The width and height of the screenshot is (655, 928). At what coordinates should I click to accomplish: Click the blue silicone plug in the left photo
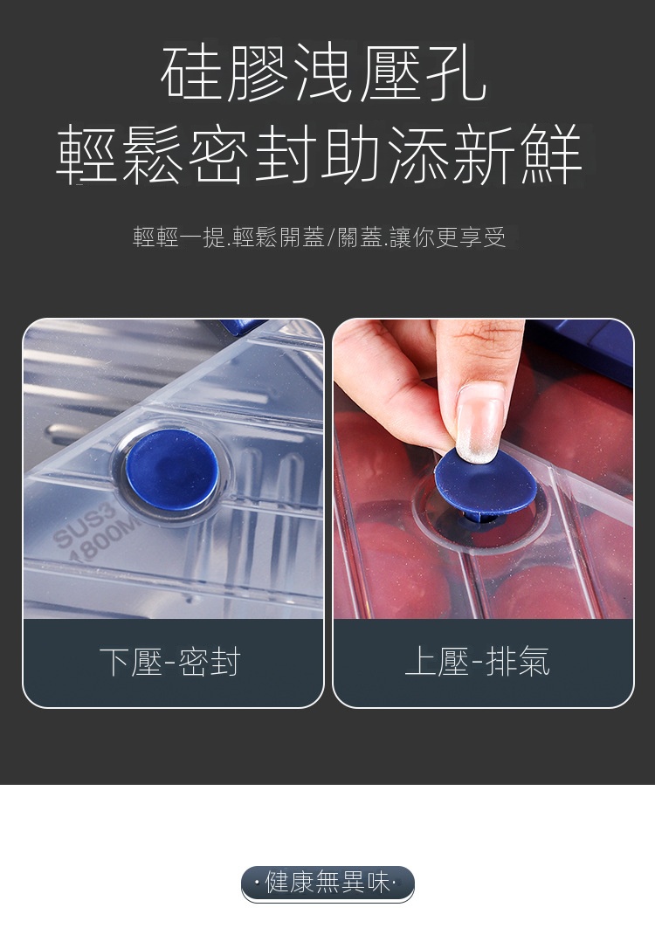[172, 471]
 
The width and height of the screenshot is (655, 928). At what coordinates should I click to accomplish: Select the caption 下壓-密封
[170, 662]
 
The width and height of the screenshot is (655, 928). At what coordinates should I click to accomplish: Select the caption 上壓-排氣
[478, 662]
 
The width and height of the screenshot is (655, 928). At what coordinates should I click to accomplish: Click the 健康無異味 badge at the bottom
[327, 883]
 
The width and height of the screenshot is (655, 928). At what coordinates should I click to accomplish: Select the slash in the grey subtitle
[330, 237]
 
